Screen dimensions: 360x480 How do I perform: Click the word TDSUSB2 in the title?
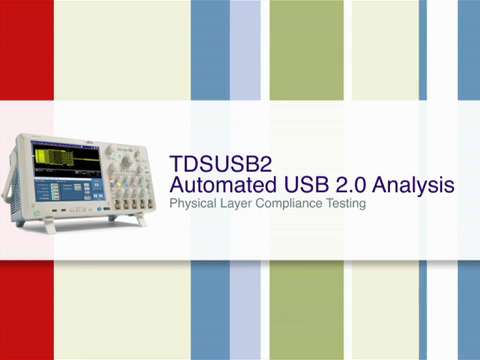point(214,162)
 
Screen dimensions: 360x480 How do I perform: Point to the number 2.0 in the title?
point(349,184)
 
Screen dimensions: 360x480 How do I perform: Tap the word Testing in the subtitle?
point(348,204)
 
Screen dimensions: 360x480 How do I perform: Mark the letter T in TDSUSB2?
point(177,162)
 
